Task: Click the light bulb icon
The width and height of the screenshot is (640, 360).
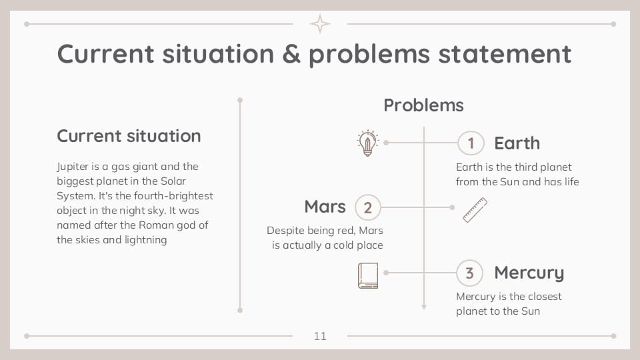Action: click(x=367, y=143)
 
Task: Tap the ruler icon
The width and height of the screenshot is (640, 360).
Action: click(x=475, y=210)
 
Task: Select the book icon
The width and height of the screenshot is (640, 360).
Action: click(x=368, y=275)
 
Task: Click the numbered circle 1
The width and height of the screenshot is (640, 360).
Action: click(x=471, y=143)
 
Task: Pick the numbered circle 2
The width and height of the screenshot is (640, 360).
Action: click(x=367, y=207)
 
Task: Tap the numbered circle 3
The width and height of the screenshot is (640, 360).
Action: click(x=469, y=273)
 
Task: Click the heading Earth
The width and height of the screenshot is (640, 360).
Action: click(x=517, y=143)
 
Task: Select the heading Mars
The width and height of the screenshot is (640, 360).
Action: click(x=325, y=207)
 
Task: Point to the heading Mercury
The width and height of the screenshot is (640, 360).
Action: click(x=529, y=273)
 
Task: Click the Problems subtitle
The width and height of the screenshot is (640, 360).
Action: click(x=423, y=105)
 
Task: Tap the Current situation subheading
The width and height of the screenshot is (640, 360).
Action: click(x=129, y=136)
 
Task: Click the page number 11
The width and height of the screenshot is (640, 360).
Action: click(x=320, y=336)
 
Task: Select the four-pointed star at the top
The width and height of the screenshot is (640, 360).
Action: click(x=320, y=24)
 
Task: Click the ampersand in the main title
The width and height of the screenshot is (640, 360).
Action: click(x=291, y=53)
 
